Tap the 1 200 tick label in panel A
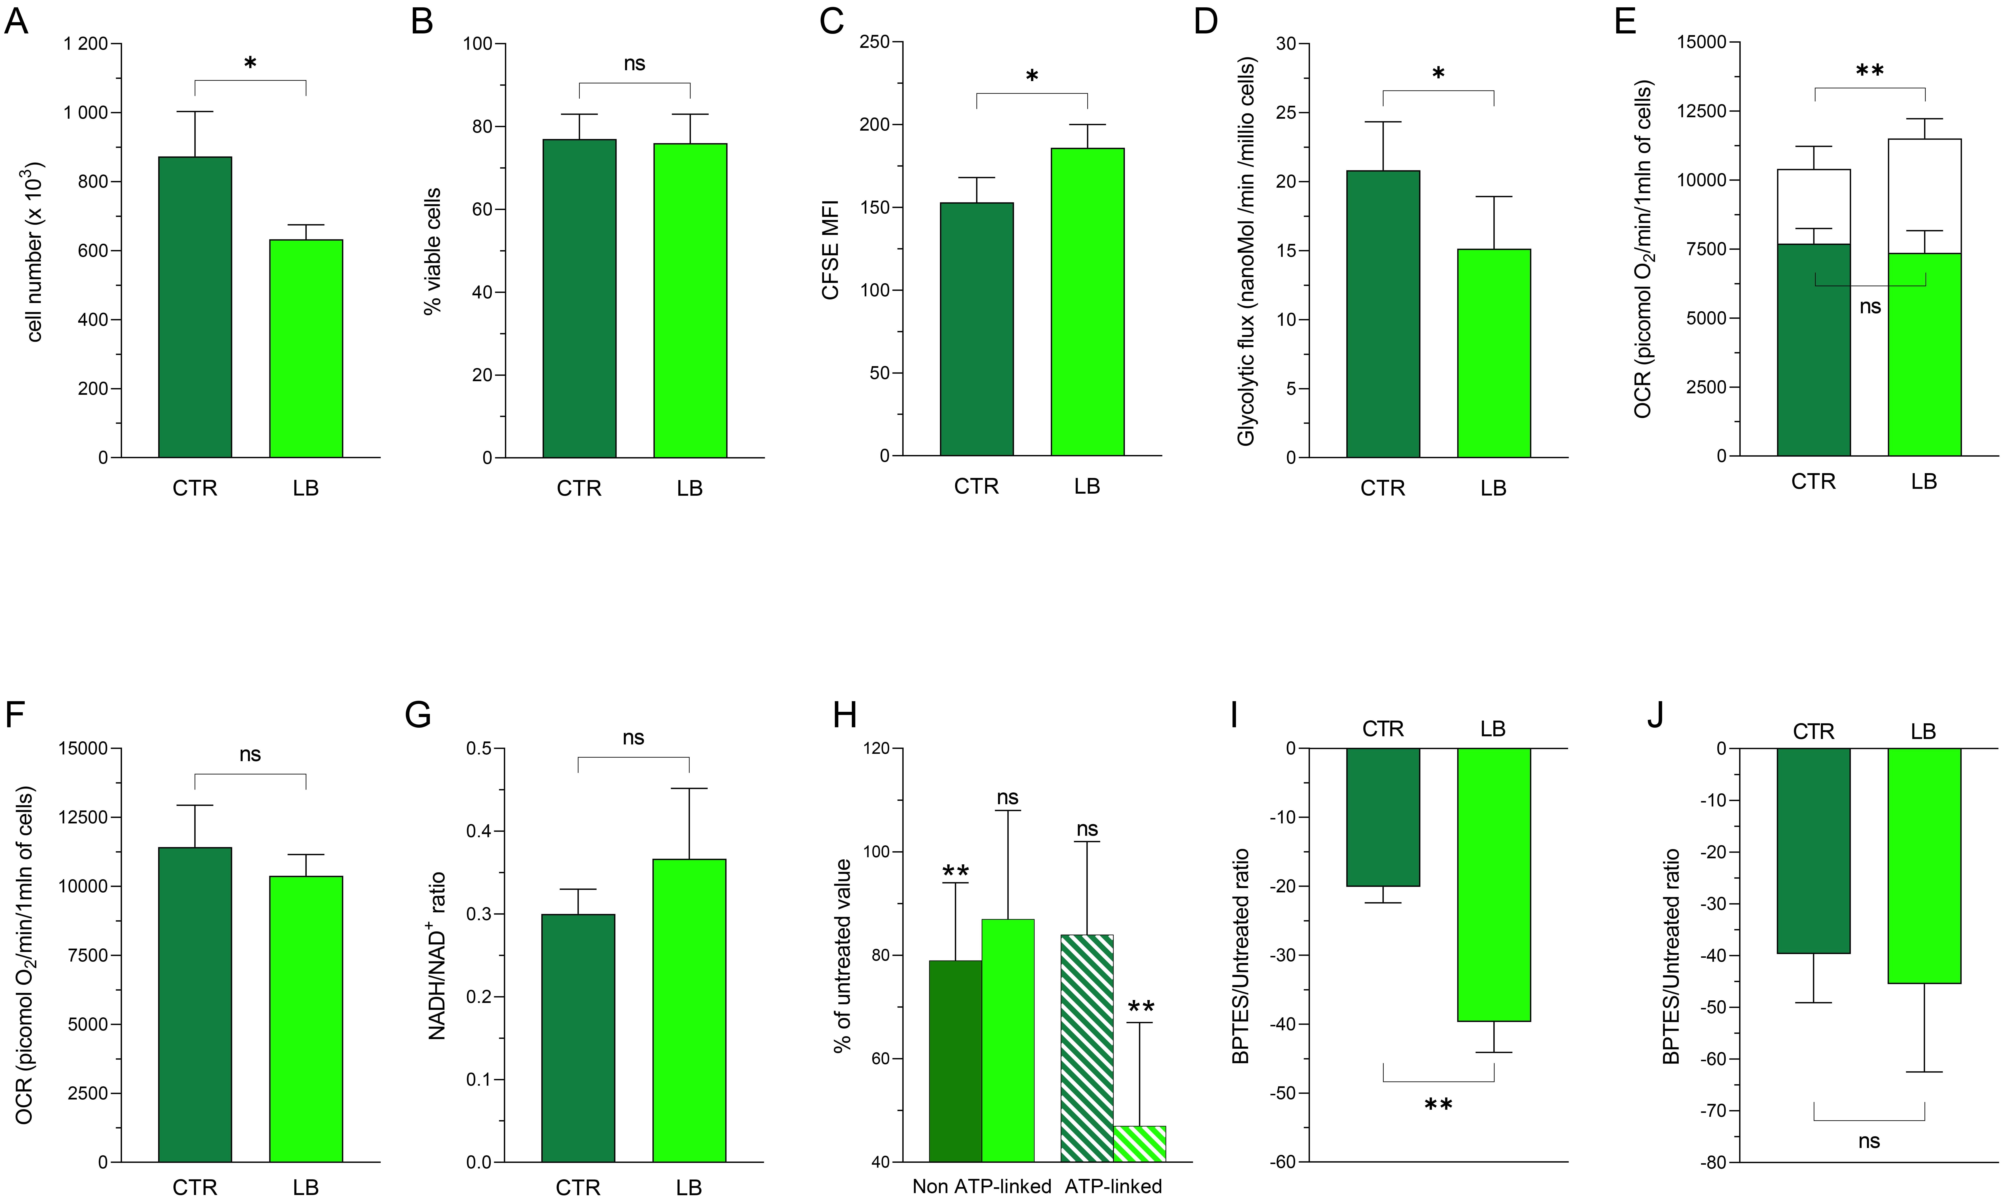pyautogui.click(x=86, y=44)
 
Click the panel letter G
pyautogui.click(x=418, y=715)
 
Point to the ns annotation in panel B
pyautogui.click(x=635, y=64)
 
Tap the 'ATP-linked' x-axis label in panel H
pyautogui.click(x=1113, y=1186)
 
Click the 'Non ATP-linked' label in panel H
pyautogui.click(x=981, y=1186)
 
